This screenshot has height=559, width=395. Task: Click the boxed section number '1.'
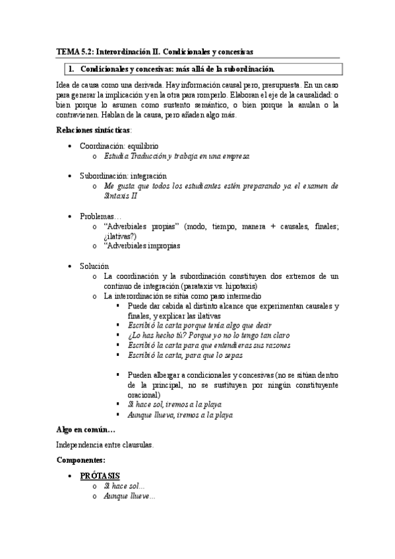coord(71,69)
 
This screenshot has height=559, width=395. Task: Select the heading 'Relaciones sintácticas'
coord(94,130)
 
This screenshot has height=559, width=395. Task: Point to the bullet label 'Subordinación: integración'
coord(123,176)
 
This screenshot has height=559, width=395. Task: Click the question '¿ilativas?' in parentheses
coord(121,236)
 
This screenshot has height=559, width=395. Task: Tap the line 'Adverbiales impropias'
coord(142,246)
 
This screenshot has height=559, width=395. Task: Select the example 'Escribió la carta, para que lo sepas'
coord(185,355)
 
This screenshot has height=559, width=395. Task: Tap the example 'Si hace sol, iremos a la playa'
coord(175,405)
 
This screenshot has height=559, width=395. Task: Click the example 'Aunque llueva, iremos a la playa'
coord(180,415)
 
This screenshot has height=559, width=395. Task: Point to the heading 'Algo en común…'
coord(86,430)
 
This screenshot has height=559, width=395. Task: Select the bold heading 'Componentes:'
coord(81,460)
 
